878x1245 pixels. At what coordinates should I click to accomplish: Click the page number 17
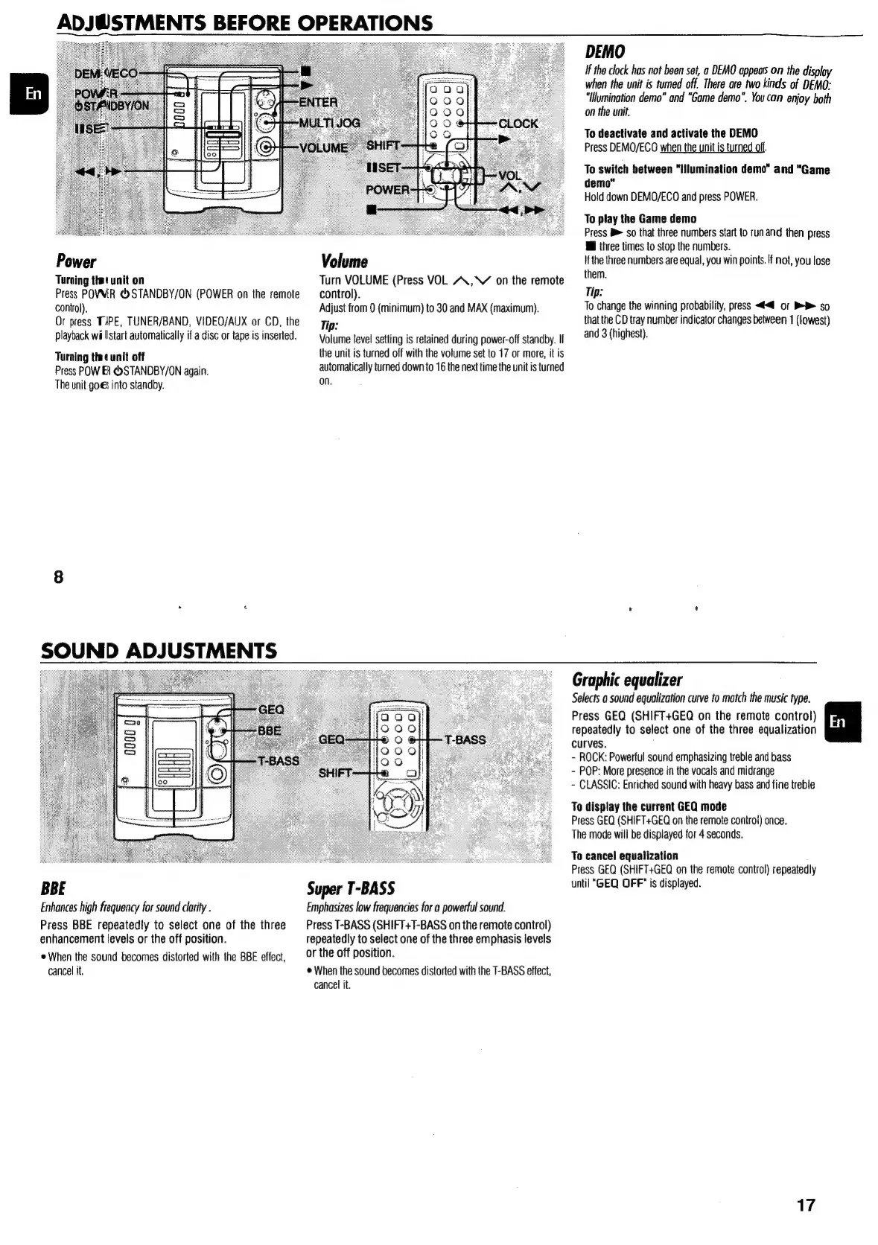[x=805, y=1205]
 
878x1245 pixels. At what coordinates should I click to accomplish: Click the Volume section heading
[x=343, y=262]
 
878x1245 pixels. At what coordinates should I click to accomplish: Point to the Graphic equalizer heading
[x=626, y=680]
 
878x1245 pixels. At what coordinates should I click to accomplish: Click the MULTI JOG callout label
[x=329, y=123]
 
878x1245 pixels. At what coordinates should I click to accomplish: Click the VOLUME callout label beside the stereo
[x=323, y=147]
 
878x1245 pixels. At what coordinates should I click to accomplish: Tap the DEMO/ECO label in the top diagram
[x=106, y=73]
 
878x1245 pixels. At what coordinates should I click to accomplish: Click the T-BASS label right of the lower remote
[x=465, y=739]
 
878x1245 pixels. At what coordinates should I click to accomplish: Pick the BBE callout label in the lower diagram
[x=269, y=730]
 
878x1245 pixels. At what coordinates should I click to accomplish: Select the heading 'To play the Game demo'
[x=640, y=219]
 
